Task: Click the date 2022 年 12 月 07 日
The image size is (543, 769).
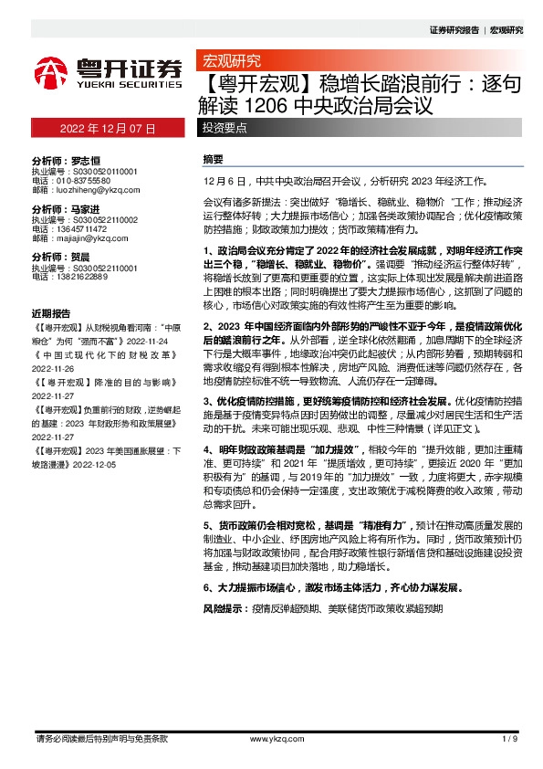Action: [x=110, y=130]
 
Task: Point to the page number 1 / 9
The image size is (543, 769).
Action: [x=510, y=737]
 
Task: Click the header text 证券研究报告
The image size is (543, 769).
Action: [x=454, y=30]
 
